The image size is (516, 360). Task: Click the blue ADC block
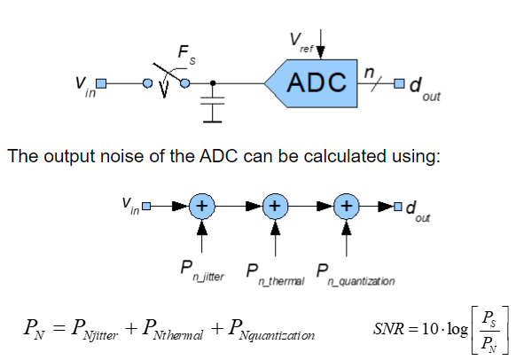point(316,83)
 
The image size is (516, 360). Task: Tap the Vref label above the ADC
point(301,42)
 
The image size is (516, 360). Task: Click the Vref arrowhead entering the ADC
point(320,52)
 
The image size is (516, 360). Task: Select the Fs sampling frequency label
point(186,55)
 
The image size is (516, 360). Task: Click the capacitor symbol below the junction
point(213,106)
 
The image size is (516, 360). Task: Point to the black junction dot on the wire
point(213,83)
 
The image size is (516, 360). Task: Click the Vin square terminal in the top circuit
point(101,83)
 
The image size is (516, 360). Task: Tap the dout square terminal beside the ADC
point(399,83)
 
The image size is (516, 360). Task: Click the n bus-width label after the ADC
point(369,73)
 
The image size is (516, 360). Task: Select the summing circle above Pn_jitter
point(202,206)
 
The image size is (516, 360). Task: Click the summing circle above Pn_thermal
point(275,206)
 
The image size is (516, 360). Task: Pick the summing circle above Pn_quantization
point(346,206)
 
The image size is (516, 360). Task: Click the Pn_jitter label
point(202,271)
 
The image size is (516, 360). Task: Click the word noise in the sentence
point(122,156)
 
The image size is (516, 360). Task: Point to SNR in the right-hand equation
point(388,328)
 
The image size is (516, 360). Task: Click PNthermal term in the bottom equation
point(172,330)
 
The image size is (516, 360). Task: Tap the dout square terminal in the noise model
point(398,207)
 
